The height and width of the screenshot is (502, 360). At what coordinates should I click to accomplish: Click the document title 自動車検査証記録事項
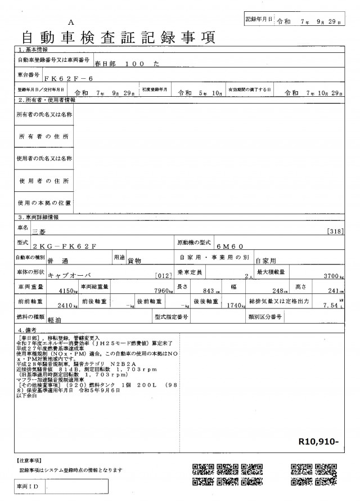click(118, 37)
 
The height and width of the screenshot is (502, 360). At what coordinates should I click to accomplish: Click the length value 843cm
click(208, 292)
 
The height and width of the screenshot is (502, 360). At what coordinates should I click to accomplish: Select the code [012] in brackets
click(162, 277)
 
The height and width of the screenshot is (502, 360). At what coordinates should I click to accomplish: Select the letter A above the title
click(71, 23)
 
